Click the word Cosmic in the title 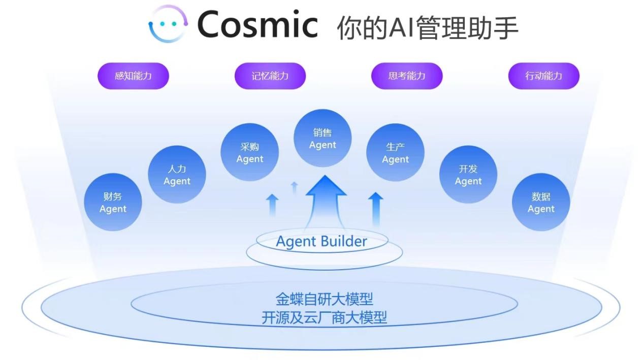click(x=257, y=24)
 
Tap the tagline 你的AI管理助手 click(x=428, y=27)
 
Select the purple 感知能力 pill click(x=133, y=76)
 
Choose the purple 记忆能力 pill click(x=270, y=76)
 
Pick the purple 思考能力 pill click(x=407, y=76)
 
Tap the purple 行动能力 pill click(x=543, y=76)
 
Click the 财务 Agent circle click(x=113, y=202)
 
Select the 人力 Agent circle click(x=177, y=175)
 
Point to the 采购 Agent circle click(x=249, y=152)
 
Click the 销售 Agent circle click(x=323, y=138)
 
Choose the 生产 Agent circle click(x=395, y=152)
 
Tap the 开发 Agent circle click(x=468, y=175)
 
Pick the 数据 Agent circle click(x=541, y=202)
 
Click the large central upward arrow click(x=326, y=201)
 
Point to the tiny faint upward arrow click(x=294, y=188)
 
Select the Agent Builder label click(x=321, y=241)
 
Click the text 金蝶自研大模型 click(x=325, y=299)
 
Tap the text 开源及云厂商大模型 click(x=325, y=318)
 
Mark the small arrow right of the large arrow click(x=375, y=209)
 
